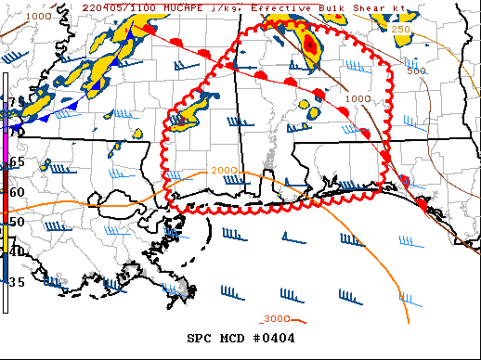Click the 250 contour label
tap(400, 31)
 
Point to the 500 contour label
tap(417, 71)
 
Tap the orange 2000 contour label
tap(224, 171)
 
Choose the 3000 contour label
tap(275, 318)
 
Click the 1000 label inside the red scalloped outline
tap(358, 99)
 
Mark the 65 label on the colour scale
tap(16, 161)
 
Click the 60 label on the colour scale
tap(16, 192)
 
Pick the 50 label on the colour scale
tap(16, 223)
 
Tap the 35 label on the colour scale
tap(16, 281)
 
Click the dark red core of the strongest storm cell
tap(310, 46)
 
